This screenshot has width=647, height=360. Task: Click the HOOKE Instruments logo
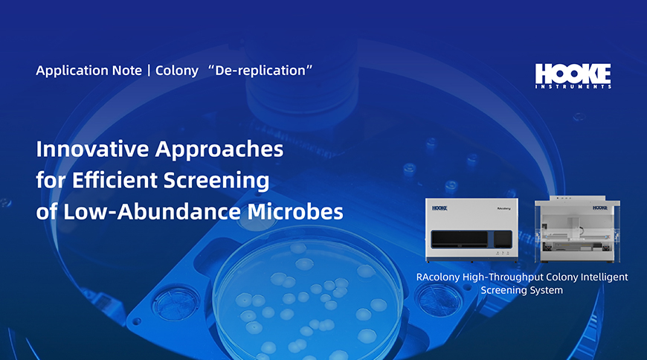(573, 76)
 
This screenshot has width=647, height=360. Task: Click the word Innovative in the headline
(92, 149)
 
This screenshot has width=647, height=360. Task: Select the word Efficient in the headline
(115, 180)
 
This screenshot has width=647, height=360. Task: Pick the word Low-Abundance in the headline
(152, 211)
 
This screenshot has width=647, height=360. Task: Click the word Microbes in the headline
(295, 211)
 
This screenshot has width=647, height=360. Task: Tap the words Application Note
(88, 70)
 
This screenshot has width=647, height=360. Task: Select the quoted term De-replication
(260, 70)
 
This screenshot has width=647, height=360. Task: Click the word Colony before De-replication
(176, 71)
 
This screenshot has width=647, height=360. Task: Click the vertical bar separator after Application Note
(149, 71)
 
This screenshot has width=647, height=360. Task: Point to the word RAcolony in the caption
(437, 277)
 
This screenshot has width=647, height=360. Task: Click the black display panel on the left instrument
(460, 240)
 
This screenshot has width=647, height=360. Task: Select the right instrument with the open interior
(577, 229)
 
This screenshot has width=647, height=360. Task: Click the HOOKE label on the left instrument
(440, 208)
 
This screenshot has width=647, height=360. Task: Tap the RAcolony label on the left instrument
(503, 208)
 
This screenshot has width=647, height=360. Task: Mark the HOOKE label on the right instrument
(600, 208)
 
